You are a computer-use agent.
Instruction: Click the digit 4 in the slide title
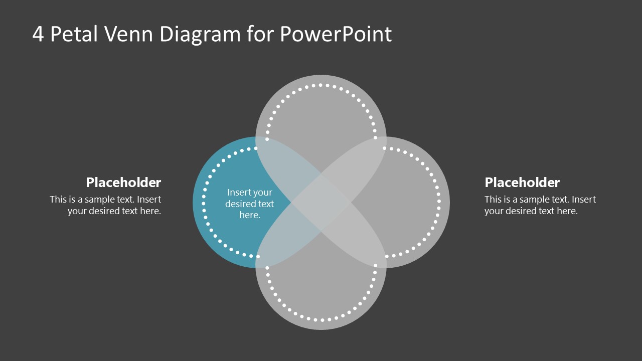click(x=38, y=34)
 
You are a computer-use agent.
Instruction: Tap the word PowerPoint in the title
click(x=336, y=34)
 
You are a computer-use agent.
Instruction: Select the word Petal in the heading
click(x=77, y=34)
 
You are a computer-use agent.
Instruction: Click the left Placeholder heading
click(x=123, y=182)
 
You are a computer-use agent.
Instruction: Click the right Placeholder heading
click(x=522, y=182)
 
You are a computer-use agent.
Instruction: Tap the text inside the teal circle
click(x=249, y=204)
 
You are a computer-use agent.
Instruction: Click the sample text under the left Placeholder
click(x=105, y=205)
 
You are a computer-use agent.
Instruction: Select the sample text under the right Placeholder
click(x=540, y=205)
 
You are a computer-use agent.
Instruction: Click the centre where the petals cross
click(x=321, y=203)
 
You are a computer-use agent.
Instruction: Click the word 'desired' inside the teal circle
click(x=241, y=204)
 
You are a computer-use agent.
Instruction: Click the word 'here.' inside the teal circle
click(x=249, y=215)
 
